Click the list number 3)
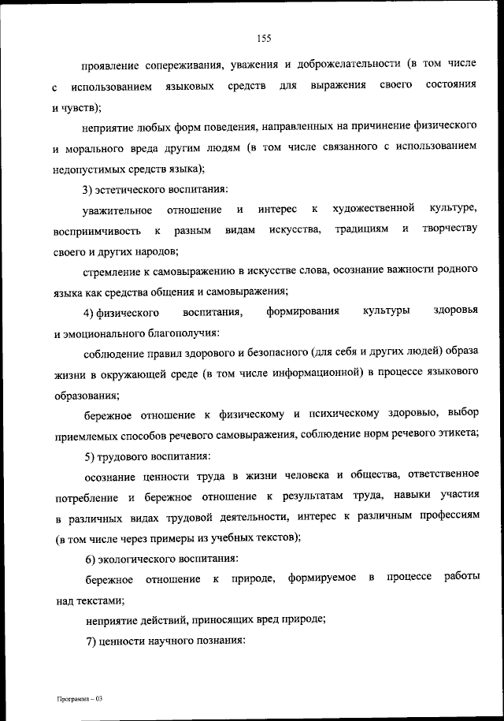pos(89,188)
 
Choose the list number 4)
pos(89,313)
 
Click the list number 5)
pos(89,457)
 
